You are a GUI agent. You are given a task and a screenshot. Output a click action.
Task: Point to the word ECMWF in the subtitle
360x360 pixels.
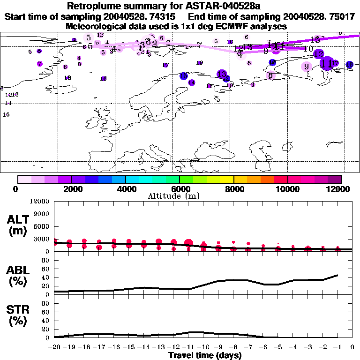(x=226, y=26)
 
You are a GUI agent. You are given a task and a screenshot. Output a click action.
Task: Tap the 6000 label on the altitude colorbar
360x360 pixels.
(x=180, y=189)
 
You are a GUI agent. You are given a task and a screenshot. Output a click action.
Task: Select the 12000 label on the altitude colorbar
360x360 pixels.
(x=341, y=189)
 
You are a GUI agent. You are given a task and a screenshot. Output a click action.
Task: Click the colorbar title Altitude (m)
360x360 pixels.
(x=180, y=196)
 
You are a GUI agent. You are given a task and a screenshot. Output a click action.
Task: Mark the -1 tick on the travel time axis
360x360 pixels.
(x=337, y=347)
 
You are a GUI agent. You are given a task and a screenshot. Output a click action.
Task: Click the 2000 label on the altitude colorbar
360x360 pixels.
(x=71, y=189)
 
